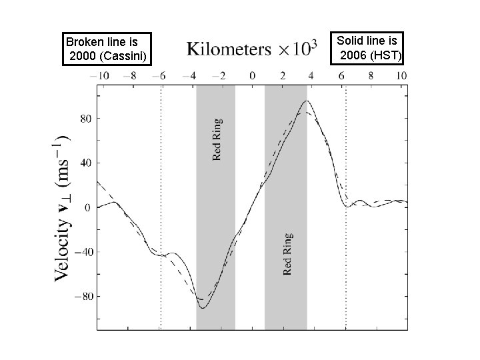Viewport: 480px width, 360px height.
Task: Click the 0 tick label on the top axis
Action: click(252, 76)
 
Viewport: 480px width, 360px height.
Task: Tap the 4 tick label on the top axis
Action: click(313, 76)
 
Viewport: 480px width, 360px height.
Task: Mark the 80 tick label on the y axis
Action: click(86, 118)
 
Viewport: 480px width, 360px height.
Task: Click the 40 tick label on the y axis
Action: click(86, 163)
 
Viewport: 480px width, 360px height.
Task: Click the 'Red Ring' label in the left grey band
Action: click(217, 139)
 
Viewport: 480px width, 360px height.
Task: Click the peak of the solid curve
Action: click(306, 101)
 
